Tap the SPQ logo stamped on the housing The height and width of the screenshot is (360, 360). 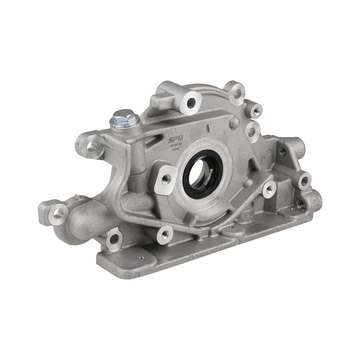click(173, 139)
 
